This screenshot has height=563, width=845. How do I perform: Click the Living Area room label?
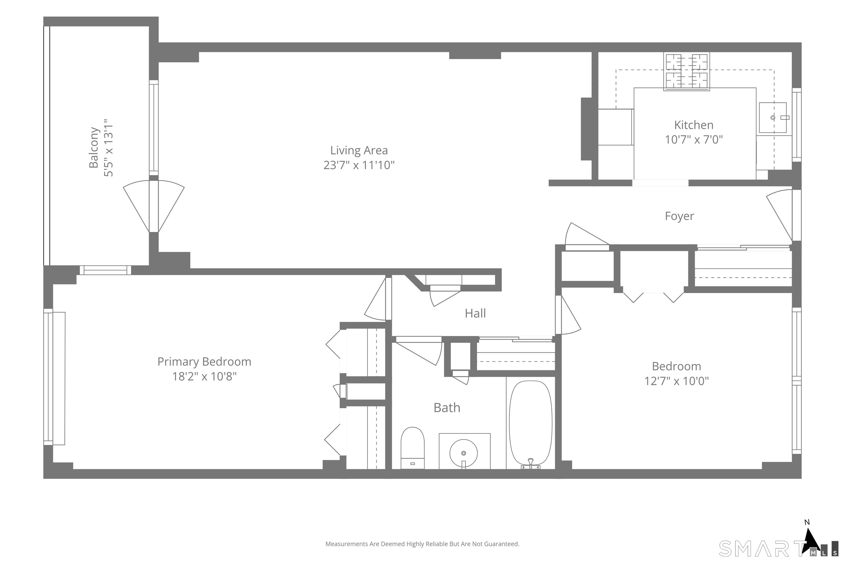pos(359,150)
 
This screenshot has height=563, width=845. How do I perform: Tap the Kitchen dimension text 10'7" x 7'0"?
pos(694,139)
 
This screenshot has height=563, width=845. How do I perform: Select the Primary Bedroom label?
pos(204,361)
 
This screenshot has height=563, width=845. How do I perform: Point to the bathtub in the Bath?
pos(531,424)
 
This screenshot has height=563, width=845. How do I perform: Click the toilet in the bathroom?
pos(412,448)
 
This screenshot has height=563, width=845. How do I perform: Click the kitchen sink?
pos(773,117)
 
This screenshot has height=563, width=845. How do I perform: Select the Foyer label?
pos(679,216)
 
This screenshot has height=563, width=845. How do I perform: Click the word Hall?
pos(475,313)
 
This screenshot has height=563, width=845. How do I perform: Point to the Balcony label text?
pos(94,147)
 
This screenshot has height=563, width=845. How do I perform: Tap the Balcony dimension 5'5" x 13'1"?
pos(108,148)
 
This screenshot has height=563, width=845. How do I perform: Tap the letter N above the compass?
pos(807,522)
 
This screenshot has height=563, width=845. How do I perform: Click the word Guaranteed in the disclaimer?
pos(501,544)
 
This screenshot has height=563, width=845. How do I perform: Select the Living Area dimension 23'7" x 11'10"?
pos(359,165)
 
